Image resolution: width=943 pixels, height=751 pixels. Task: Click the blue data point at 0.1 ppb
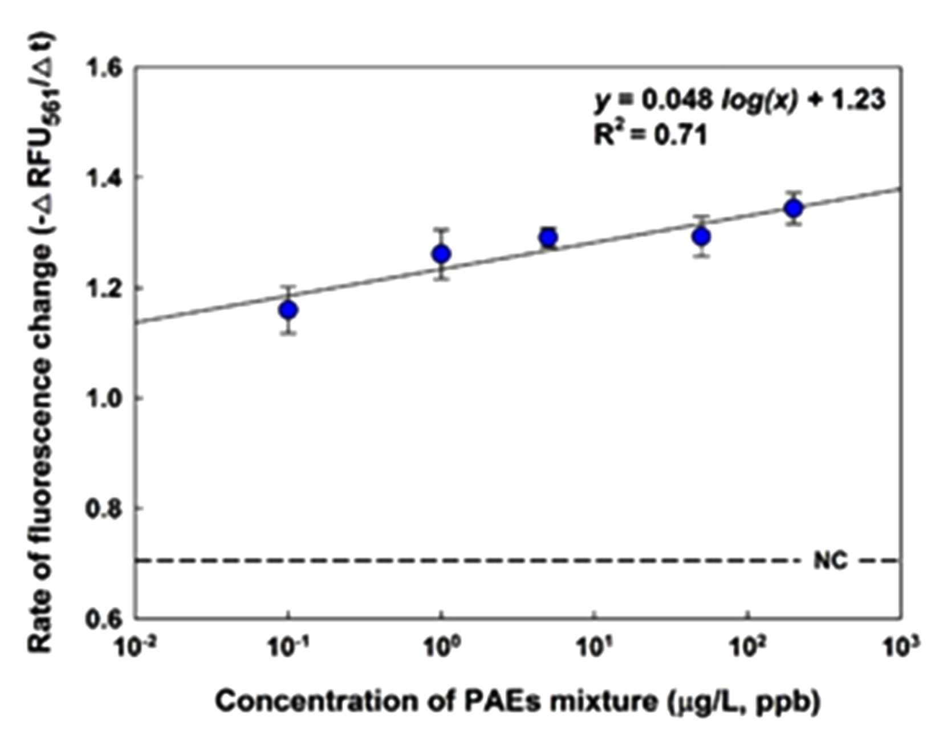point(288,310)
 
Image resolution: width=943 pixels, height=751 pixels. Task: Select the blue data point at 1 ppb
point(441,254)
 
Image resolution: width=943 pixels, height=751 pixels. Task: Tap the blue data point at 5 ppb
point(548,238)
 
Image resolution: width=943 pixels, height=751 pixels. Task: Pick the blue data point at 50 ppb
point(701,236)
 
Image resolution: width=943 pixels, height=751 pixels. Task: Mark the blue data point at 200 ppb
point(794,209)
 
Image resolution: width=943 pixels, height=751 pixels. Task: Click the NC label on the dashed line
point(831,561)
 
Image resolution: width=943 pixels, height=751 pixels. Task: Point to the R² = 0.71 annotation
point(651,135)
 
